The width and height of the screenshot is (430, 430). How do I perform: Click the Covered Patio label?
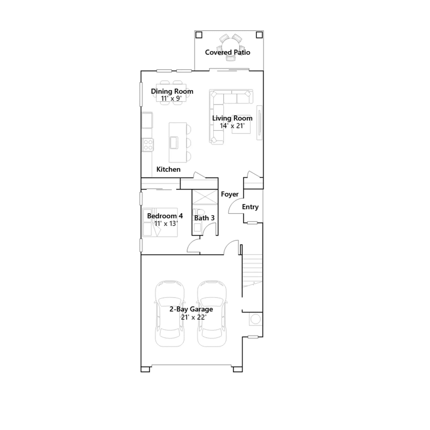(227, 52)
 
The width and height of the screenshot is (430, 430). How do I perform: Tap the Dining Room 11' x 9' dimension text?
(171, 99)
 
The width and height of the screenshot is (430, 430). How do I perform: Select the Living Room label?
(232, 118)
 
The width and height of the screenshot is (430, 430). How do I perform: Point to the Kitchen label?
(168, 169)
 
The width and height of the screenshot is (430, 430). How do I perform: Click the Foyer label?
(230, 194)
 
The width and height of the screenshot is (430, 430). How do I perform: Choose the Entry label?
(250, 207)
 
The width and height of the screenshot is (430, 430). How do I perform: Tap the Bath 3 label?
(204, 218)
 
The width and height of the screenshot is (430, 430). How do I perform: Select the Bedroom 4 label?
(165, 216)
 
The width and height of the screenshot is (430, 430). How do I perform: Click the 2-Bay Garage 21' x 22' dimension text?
(193, 317)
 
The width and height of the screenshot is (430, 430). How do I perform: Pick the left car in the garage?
(170, 314)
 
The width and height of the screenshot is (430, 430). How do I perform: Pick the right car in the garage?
(212, 314)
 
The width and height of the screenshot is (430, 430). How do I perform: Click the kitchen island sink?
(174, 142)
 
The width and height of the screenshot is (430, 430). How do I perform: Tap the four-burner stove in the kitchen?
(148, 145)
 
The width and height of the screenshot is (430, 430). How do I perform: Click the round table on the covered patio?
(230, 46)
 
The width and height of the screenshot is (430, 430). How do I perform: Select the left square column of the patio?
(199, 35)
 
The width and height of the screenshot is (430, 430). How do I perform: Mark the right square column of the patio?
(259, 35)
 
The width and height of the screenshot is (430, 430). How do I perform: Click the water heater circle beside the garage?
(256, 319)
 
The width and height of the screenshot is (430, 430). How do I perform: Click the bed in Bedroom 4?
(160, 222)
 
